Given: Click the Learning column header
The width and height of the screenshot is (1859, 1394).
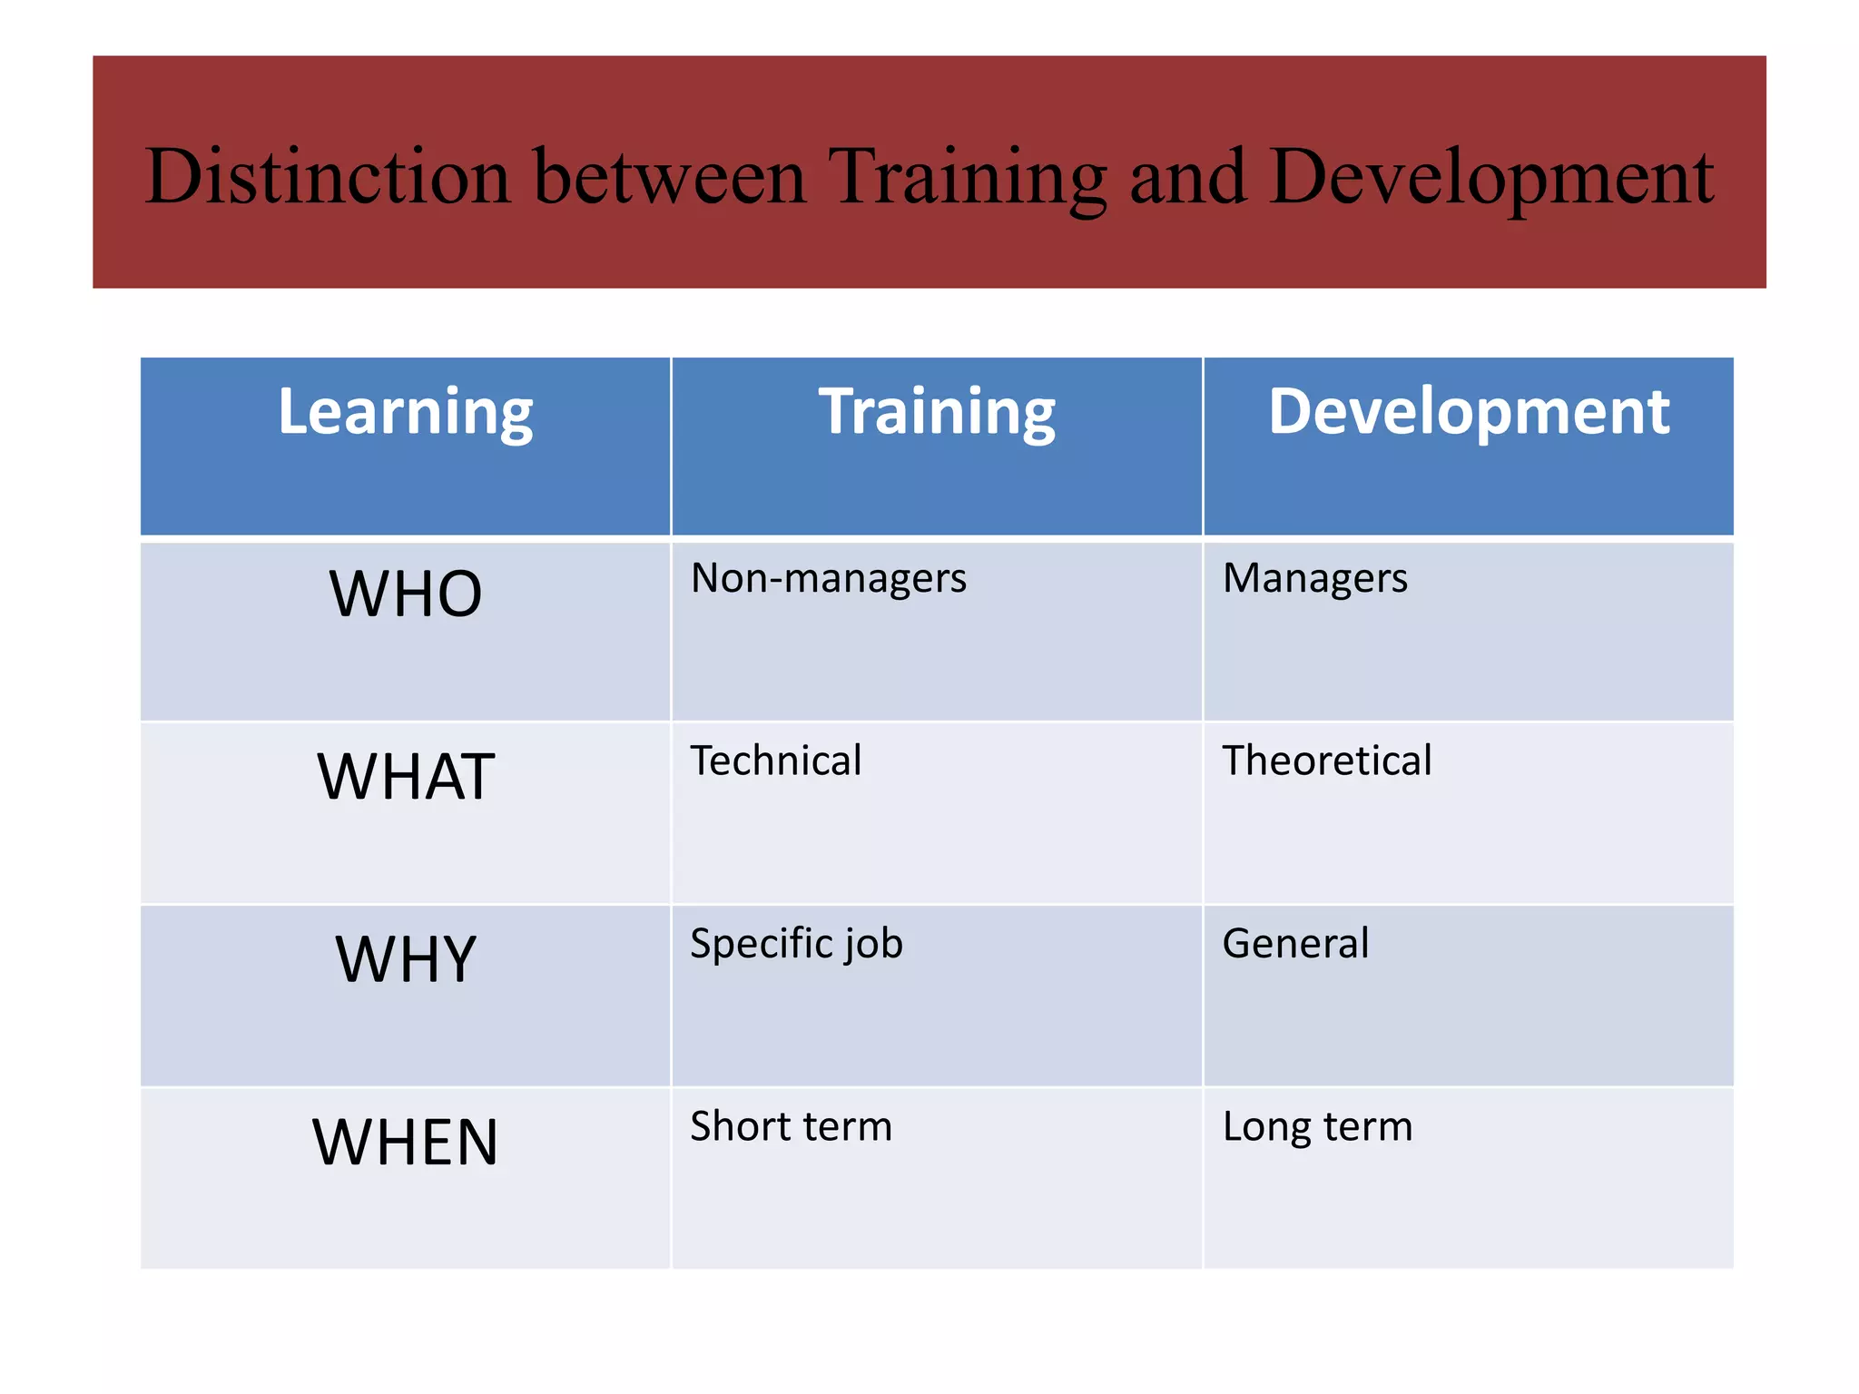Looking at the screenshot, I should pos(406,413).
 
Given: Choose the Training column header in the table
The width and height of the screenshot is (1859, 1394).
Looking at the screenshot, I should pos(937,413).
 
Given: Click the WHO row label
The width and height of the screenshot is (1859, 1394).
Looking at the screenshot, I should pos(406,594).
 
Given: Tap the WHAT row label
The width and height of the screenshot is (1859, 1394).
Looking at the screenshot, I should pos(406,777).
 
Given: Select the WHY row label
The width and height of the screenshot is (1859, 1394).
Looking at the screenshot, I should pos(406,959).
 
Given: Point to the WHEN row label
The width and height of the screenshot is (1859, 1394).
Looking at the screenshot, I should pos(406,1143).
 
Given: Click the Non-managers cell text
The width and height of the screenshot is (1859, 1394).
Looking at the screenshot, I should pos(829,579).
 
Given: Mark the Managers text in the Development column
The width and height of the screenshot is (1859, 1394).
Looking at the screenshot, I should pos(1315,579).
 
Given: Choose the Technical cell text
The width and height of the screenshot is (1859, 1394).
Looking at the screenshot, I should pos(776,761).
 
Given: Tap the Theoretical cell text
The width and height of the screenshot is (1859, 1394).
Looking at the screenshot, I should pos(1327,761).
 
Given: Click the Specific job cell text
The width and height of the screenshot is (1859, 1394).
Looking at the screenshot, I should pos(797,944).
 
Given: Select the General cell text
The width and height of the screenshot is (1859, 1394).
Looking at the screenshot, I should pos(1295,944).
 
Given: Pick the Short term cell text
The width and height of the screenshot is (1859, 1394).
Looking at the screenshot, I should pos(792,1126).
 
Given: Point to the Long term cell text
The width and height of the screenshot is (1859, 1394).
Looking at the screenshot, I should pos(1317,1126).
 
